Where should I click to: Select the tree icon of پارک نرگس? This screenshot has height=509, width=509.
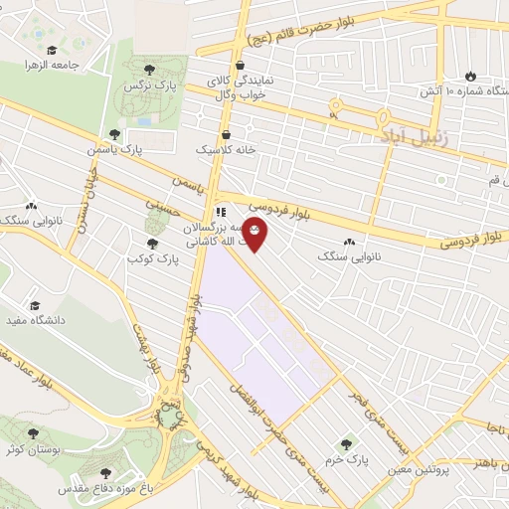click(x=149, y=69)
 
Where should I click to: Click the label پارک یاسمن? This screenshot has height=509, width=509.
click(x=119, y=148)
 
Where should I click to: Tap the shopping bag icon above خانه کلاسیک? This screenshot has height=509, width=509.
click(x=226, y=132)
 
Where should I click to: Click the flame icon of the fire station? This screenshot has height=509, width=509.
click(x=471, y=77)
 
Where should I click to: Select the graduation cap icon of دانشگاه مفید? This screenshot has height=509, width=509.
click(x=35, y=305)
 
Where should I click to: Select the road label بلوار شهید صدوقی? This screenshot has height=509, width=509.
click(x=189, y=328)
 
